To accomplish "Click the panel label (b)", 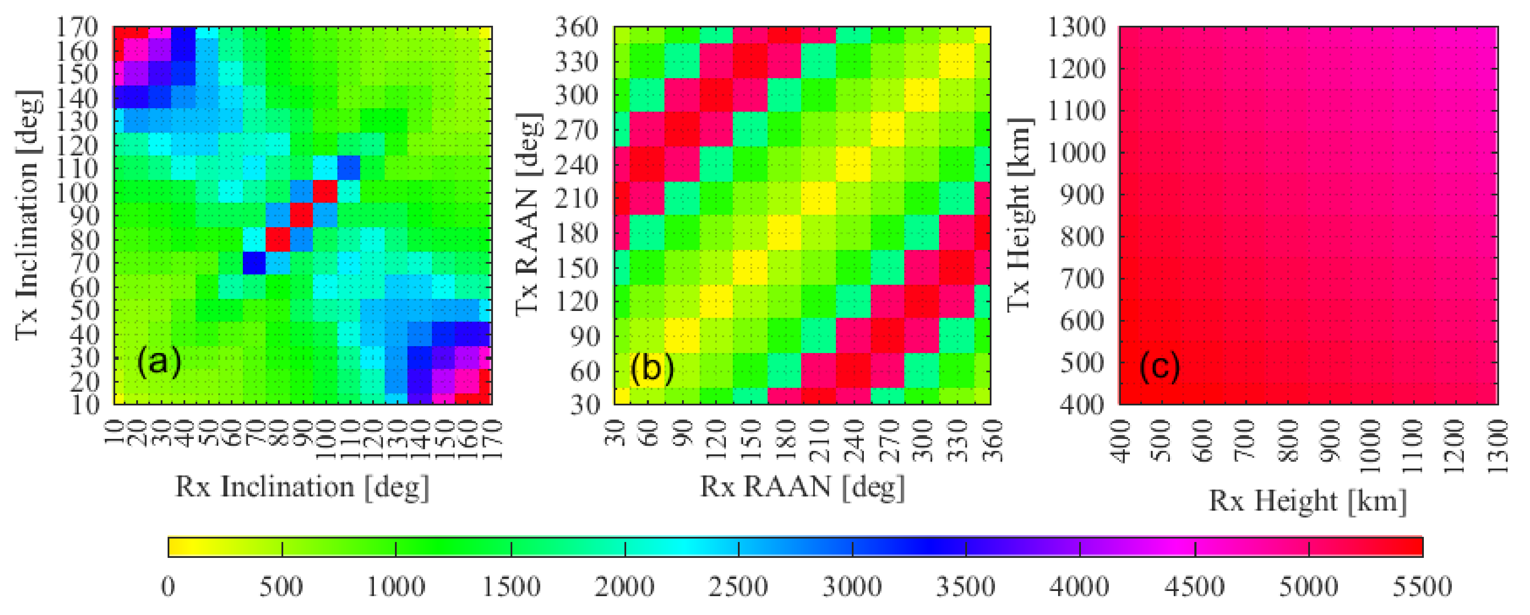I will (652, 368).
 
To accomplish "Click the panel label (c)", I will (1159, 366).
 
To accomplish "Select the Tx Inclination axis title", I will (28, 215).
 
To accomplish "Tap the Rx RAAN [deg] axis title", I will (802, 487).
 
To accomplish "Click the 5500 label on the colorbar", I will (1422, 587).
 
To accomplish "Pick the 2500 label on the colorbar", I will (738, 587).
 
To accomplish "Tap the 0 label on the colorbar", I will (168, 587).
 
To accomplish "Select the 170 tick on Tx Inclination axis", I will (77, 27).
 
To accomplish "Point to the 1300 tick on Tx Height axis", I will (1076, 27).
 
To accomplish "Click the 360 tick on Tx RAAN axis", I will (576, 27).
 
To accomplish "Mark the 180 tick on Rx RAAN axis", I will (785, 441).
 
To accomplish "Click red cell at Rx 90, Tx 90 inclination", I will (301, 215).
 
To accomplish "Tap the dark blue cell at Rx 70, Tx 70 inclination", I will (254, 262).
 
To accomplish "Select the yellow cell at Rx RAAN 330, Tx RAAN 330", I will (957, 61).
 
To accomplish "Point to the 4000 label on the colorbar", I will (1079, 587).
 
